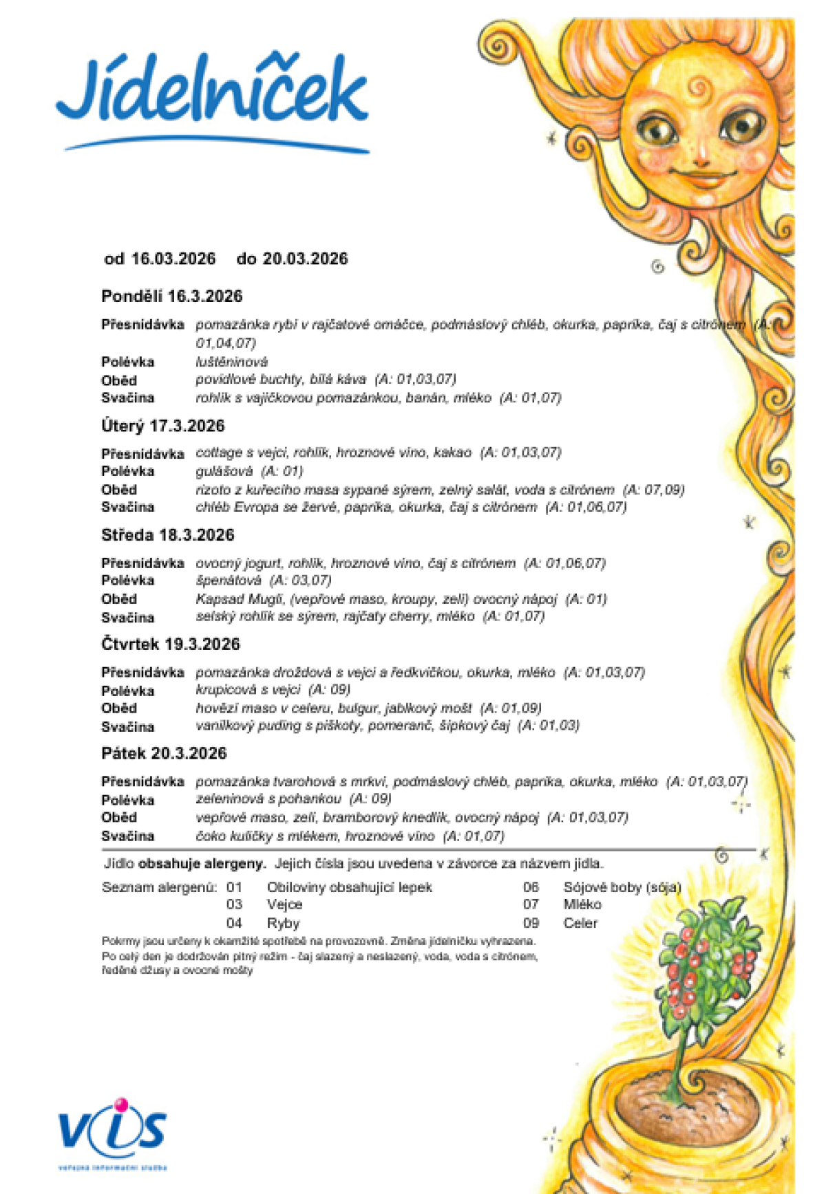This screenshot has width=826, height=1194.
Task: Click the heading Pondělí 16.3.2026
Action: point(171,296)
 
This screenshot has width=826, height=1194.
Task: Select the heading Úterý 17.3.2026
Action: point(162,426)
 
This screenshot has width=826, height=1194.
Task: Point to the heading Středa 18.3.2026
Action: point(167,535)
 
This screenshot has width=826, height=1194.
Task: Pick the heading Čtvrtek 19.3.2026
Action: point(170,644)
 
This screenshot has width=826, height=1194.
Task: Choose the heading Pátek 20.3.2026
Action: point(164,753)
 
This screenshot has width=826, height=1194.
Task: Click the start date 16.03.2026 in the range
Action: point(173,259)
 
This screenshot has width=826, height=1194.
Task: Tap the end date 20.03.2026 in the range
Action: point(305,259)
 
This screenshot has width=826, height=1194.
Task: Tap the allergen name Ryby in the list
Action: point(283,923)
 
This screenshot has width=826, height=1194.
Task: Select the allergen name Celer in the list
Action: point(580,923)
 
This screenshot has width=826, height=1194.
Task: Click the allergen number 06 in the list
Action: point(531,887)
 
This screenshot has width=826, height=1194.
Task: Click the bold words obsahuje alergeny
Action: point(202,863)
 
